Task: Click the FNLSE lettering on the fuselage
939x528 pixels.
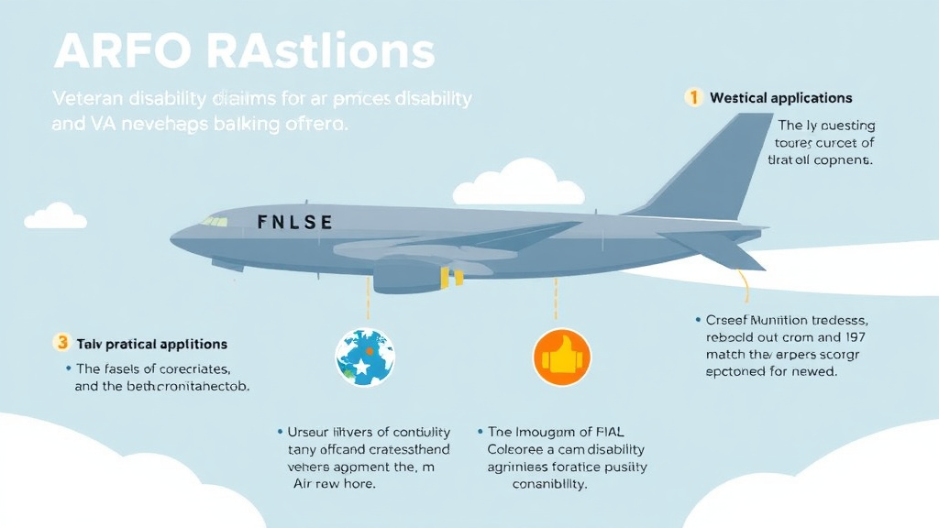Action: (295, 222)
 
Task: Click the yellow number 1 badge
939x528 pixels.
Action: (694, 97)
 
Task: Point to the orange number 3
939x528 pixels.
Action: (62, 343)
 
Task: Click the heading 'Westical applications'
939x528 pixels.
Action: (780, 98)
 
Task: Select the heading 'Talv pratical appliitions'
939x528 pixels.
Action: (152, 344)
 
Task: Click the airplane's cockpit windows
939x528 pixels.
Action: (215, 222)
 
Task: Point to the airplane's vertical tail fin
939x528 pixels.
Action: (720, 165)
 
